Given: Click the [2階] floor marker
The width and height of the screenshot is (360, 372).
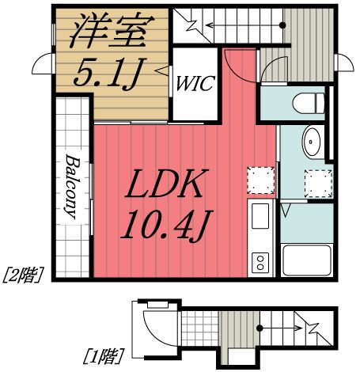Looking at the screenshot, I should (23, 275).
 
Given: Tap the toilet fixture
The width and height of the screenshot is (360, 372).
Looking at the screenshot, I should (307, 102).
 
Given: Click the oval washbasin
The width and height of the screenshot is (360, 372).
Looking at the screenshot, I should (313, 142).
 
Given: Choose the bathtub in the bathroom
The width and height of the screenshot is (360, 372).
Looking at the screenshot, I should (305, 258).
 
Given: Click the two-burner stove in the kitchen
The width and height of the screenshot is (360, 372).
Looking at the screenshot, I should (260, 262).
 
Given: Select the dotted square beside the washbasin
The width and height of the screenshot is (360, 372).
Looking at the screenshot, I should (317, 182).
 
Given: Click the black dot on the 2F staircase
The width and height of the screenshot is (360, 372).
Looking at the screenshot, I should (282, 25).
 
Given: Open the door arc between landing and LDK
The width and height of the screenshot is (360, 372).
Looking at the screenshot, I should (237, 67).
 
